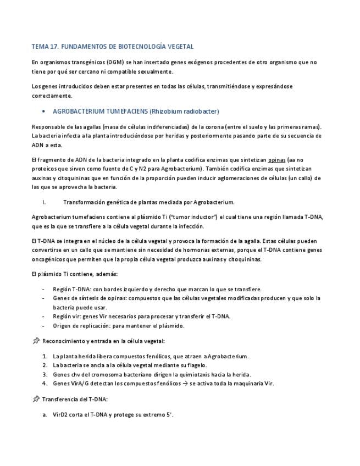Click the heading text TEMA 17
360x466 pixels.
coord(46,47)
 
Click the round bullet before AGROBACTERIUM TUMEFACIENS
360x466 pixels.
coord(43,111)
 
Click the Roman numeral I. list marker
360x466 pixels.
coord(43,202)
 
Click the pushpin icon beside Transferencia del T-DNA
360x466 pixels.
coord(36,399)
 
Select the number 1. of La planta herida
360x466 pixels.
coord(45,356)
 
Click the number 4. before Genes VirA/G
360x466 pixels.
coord(45,384)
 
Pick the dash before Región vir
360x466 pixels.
coord(43,316)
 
